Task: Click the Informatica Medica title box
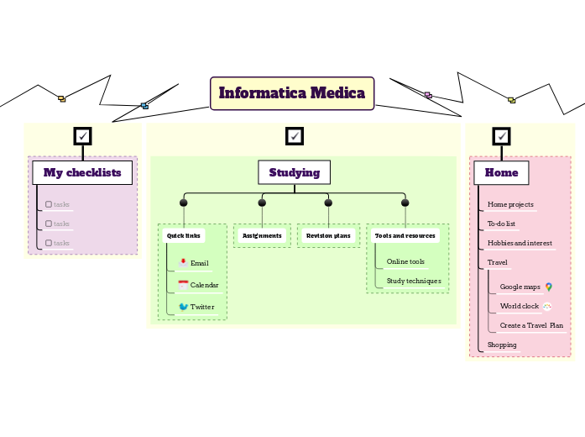tap(291, 93)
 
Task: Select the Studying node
tap(294, 172)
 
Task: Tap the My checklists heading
tap(82, 172)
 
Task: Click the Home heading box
tap(501, 172)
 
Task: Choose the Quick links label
tap(183, 236)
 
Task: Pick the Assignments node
tap(262, 236)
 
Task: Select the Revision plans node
tap(328, 236)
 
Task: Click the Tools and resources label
tap(405, 236)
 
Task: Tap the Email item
tap(199, 263)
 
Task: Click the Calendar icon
tap(183, 285)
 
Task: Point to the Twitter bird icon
tap(183, 307)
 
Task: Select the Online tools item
tap(405, 261)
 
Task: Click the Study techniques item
tap(413, 281)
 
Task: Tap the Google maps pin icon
tap(548, 287)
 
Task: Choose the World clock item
tap(519, 306)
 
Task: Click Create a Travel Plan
tap(531, 325)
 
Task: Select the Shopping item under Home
tap(502, 345)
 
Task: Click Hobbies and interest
tap(520, 243)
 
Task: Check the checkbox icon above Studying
tap(294, 135)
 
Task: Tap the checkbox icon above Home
tap(501, 135)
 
